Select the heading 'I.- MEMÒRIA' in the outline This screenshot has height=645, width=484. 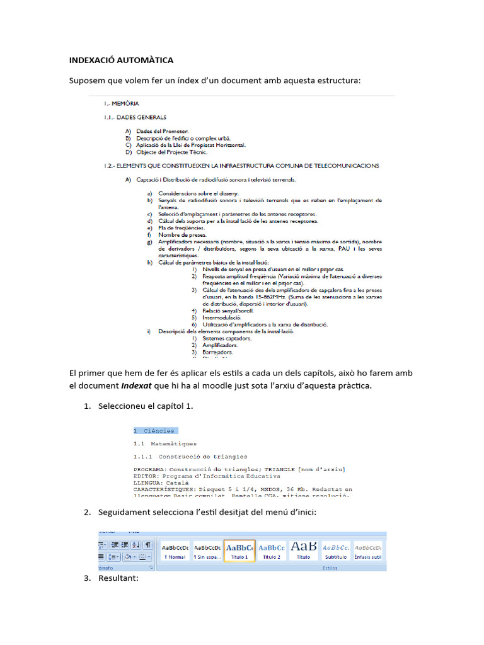coord(122,103)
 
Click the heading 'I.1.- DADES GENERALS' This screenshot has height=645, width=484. coord(135,117)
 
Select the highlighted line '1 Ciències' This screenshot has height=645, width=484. coord(156,431)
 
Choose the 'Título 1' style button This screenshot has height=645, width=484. coord(239,551)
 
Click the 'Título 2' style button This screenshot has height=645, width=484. coord(272,551)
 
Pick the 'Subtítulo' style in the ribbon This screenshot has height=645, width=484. coord(336,551)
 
